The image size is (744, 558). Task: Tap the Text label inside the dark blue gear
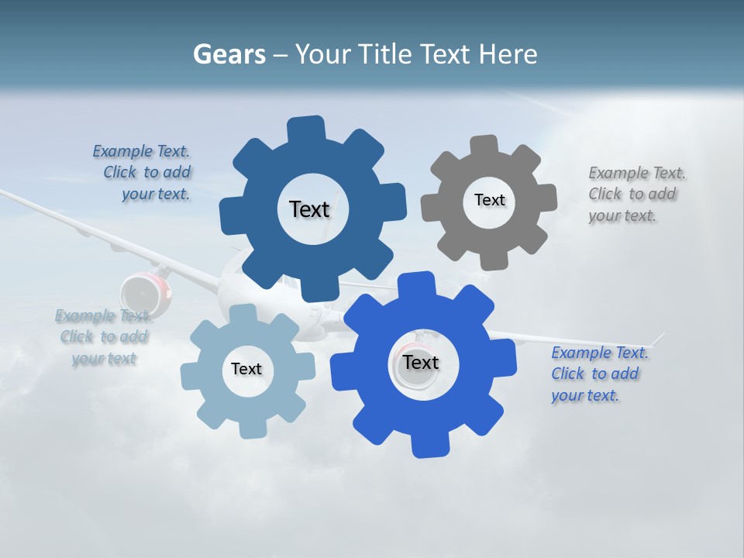(309, 209)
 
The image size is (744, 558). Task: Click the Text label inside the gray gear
(489, 200)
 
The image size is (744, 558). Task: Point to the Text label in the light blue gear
(246, 369)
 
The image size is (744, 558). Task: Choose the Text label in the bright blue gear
(421, 363)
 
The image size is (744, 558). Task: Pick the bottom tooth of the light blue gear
(250, 429)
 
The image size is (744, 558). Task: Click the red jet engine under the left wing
(143, 293)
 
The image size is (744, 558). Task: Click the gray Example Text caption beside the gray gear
(636, 195)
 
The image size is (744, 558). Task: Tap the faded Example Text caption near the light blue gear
(103, 337)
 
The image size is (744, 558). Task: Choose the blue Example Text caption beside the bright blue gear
(599, 374)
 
